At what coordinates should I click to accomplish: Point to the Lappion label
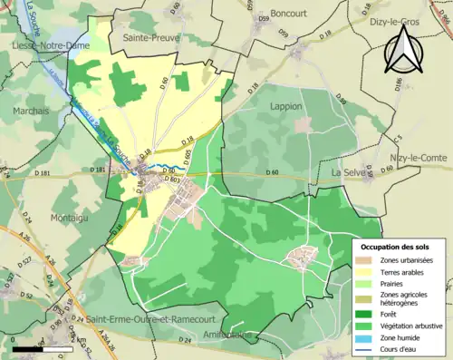(x=286, y=106)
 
